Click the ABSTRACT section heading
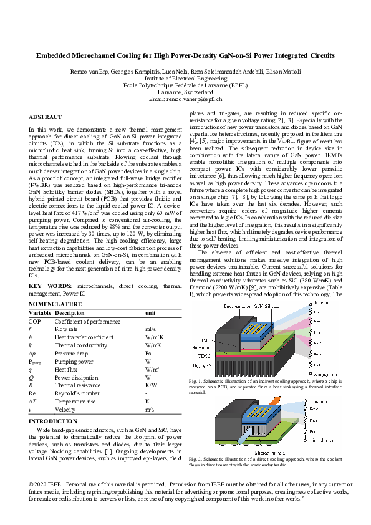46,117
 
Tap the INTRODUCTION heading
53,421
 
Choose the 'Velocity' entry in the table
66,410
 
